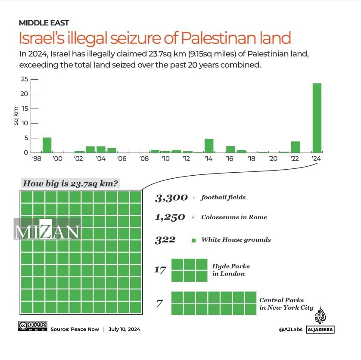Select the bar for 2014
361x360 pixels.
point(209,146)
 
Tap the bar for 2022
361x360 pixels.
point(295,147)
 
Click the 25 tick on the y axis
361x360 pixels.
point(25,79)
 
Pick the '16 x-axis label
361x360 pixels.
point(230,159)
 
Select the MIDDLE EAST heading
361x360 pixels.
point(44,23)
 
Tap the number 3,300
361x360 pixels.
point(171,198)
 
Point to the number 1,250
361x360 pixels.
point(170,217)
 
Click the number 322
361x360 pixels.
point(165,239)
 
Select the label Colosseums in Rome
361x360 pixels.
point(234,217)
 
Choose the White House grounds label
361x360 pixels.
point(236,239)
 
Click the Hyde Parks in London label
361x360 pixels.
point(230,270)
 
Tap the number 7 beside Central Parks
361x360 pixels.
point(159,304)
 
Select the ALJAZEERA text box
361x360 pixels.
point(320,329)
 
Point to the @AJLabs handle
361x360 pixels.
point(290,329)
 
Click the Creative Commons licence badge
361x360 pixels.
point(33,326)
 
